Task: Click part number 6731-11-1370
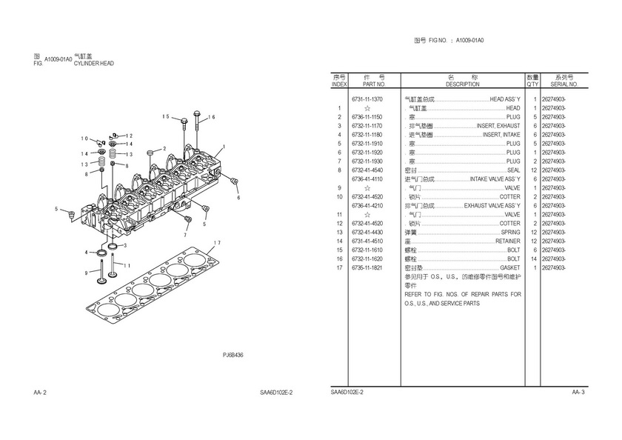[367, 99]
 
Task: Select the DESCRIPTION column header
[463, 85]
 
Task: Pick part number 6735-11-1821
[367, 267]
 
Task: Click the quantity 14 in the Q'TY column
[533, 259]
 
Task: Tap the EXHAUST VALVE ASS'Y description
[492, 205]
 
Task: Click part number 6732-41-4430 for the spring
[367, 232]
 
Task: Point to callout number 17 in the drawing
[216, 243]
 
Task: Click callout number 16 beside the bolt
[211, 117]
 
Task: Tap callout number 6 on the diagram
[238, 198]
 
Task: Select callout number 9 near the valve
[87, 273]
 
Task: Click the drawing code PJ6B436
[233, 355]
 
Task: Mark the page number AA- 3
[578, 391]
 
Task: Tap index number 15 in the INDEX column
[338, 250]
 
